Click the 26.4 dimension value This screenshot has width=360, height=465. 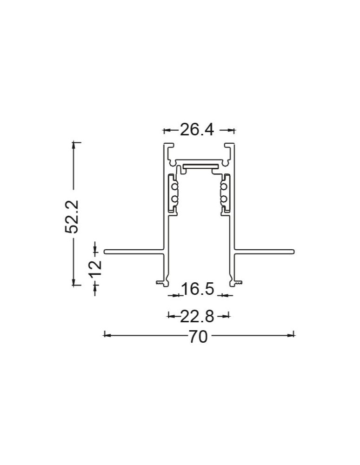(197, 130)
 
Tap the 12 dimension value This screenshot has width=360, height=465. (95, 268)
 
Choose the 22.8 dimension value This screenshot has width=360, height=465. (197, 317)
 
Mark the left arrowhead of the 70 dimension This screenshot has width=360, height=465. (106, 334)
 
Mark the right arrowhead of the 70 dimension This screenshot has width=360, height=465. (292, 334)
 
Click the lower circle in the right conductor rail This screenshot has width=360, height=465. (224, 199)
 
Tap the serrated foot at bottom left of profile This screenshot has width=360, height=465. (160, 282)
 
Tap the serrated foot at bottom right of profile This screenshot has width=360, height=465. (237, 282)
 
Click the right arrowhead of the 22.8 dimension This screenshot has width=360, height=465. (227, 316)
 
